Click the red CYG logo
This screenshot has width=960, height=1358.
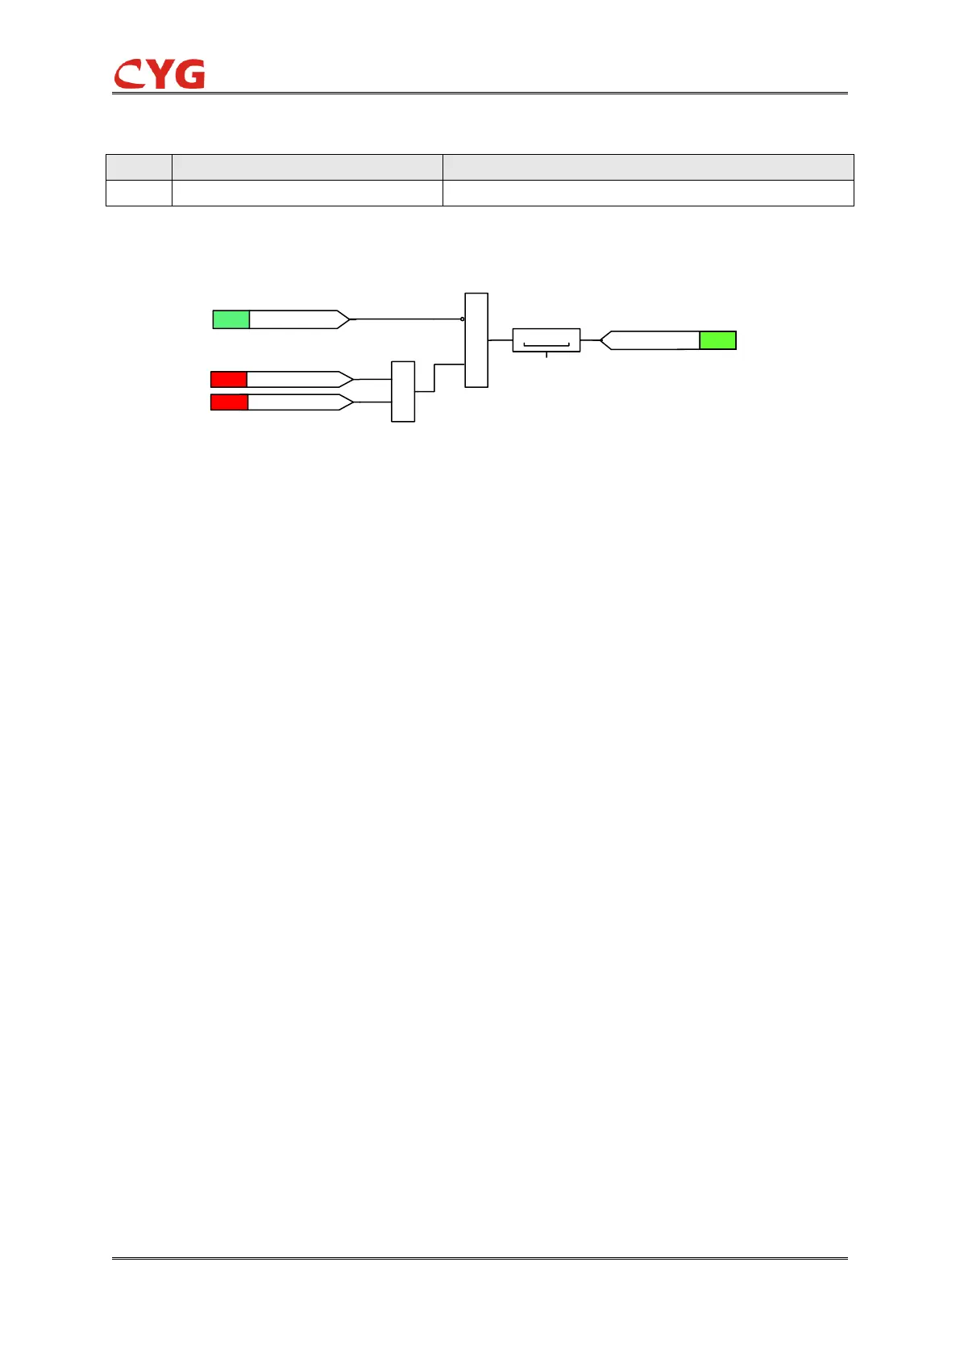pyautogui.click(x=159, y=74)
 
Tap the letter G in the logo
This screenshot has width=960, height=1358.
pyautogui.click(x=190, y=74)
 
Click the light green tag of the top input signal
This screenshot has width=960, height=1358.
pyautogui.click(x=231, y=319)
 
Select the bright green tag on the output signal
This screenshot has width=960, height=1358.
pyautogui.click(x=717, y=340)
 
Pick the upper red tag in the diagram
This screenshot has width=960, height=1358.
pyautogui.click(x=229, y=379)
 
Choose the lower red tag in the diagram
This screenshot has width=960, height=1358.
pyautogui.click(x=229, y=402)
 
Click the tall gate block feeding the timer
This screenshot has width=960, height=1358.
pyautogui.click(x=476, y=340)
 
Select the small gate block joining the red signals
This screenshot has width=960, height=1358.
pyautogui.click(x=403, y=391)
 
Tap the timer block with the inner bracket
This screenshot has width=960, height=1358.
pyautogui.click(x=546, y=340)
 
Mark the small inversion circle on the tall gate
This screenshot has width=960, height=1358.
pyautogui.click(x=462, y=319)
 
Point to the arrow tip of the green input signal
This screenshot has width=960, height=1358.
pyautogui.click(x=347, y=319)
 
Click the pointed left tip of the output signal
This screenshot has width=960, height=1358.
pyautogui.click(x=603, y=340)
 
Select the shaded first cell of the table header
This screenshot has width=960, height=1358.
pyautogui.click(x=139, y=167)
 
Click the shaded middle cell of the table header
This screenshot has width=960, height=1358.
pyautogui.click(x=307, y=167)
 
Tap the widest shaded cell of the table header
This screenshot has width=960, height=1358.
pyautogui.click(x=648, y=167)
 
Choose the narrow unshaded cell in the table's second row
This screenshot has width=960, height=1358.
pyautogui.click(x=139, y=193)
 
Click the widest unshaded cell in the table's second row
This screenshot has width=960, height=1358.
pyautogui.click(x=648, y=193)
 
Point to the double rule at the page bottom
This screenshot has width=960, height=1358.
pyautogui.click(x=480, y=1257)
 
